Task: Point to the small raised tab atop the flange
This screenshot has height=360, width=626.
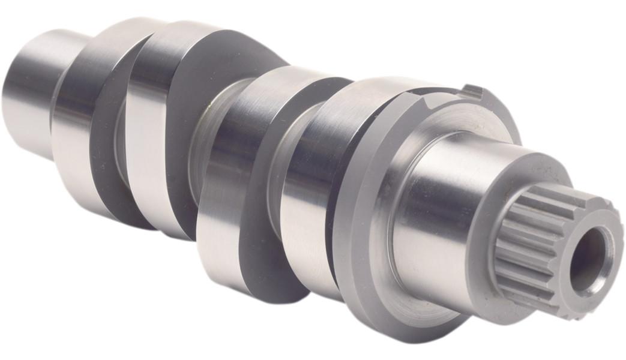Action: tap(472, 92)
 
